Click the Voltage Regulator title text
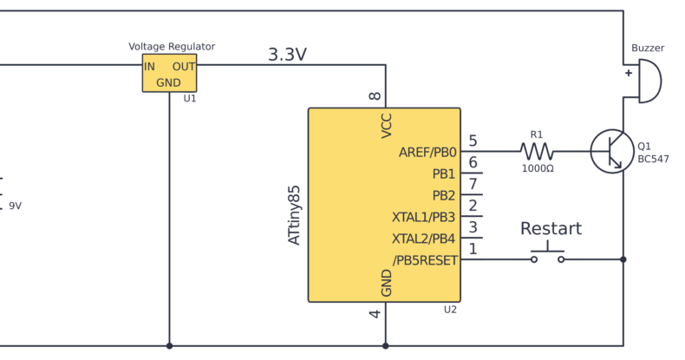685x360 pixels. pyautogui.click(x=172, y=46)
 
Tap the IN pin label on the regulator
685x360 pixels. pyautogui.click(x=149, y=67)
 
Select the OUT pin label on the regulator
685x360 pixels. pyautogui.click(x=184, y=67)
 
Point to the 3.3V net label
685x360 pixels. pyautogui.click(x=287, y=55)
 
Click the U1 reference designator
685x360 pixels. pyautogui.click(x=190, y=99)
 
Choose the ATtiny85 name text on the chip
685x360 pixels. pyautogui.click(x=295, y=215)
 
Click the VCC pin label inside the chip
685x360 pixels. pyautogui.click(x=387, y=126)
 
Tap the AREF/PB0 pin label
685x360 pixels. pyautogui.click(x=427, y=153)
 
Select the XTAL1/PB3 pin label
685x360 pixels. pyautogui.click(x=423, y=217)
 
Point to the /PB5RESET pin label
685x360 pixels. pyautogui.click(x=425, y=260)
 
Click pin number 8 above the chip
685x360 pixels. pyautogui.click(x=375, y=96)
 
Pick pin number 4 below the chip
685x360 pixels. pyautogui.click(x=375, y=314)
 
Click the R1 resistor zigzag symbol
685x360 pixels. pyautogui.click(x=537, y=152)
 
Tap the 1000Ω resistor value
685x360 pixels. pyautogui.click(x=538, y=168)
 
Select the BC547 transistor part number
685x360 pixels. pyautogui.click(x=653, y=159)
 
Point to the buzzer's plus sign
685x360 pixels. pyautogui.click(x=629, y=73)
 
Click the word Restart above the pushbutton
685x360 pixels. pyautogui.click(x=551, y=228)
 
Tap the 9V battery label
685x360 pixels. pyautogui.click(x=16, y=206)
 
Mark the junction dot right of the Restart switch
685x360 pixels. pyautogui.click(x=623, y=259)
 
